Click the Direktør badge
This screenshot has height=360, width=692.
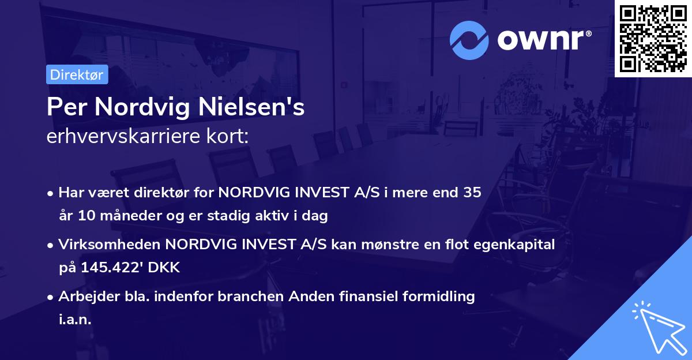pyautogui.click(x=77, y=74)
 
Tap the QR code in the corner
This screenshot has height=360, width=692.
pyautogui.click(x=653, y=38)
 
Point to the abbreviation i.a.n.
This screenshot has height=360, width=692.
pyautogui.click(x=75, y=320)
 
